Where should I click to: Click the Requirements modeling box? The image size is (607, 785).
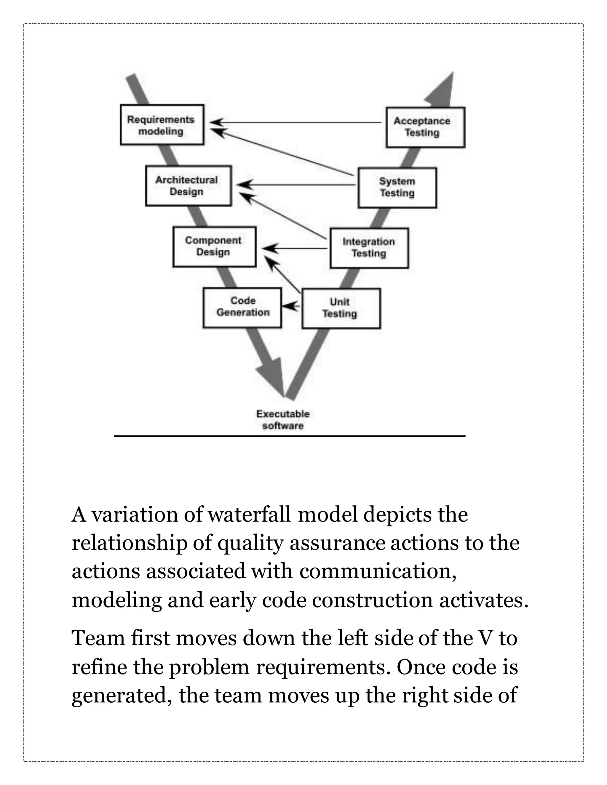tap(162, 125)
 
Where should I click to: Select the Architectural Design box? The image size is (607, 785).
tap(188, 186)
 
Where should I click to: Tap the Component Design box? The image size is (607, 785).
tap(214, 246)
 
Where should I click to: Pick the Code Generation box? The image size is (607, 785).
tap(242, 307)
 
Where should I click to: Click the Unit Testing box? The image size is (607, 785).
tap(341, 308)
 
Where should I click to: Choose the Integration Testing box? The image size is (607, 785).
tap(369, 248)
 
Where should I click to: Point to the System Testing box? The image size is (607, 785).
tap(397, 187)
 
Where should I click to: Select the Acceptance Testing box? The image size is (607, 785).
tap(425, 127)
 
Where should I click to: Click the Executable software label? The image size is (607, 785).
tap(283, 419)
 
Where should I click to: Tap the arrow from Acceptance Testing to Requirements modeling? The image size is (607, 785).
tap(295, 123)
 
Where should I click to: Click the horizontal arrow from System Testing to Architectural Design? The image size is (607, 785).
tap(295, 185)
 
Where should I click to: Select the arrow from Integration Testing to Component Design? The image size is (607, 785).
tap(295, 248)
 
